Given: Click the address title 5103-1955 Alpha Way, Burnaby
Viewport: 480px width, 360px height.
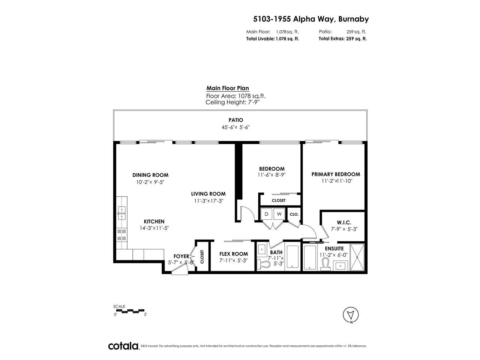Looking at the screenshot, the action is (x=311, y=19).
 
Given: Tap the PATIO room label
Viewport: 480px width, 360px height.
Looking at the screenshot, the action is (x=235, y=120).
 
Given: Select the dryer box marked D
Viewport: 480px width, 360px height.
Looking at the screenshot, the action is (x=266, y=214).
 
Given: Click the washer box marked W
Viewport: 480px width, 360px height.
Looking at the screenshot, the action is (x=279, y=214).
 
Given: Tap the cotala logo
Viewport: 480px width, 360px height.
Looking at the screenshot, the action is (x=123, y=346).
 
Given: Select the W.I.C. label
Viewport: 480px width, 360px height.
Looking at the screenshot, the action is (x=344, y=222).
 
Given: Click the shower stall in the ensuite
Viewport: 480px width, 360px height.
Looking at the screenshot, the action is (x=357, y=257).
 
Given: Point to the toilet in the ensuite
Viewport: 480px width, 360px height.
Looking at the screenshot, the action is (x=325, y=264).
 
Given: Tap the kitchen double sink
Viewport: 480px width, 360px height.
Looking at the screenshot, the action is (x=121, y=213).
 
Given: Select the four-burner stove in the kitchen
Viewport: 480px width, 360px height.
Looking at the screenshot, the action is (x=121, y=234).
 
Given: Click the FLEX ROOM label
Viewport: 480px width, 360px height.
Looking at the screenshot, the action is (x=234, y=254).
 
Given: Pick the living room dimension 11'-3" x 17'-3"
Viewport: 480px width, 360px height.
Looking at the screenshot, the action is (x=208, y=201).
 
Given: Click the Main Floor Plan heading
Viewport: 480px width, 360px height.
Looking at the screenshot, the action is (x=228, y=88).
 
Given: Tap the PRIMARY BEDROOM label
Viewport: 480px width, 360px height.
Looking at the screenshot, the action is (x=336, y=174).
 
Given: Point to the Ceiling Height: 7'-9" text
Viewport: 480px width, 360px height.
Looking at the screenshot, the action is (x=232, y=102).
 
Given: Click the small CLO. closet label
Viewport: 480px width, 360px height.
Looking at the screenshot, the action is (x=294, y=214).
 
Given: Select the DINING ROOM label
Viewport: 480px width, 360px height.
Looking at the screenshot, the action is (x=150, y=175).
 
